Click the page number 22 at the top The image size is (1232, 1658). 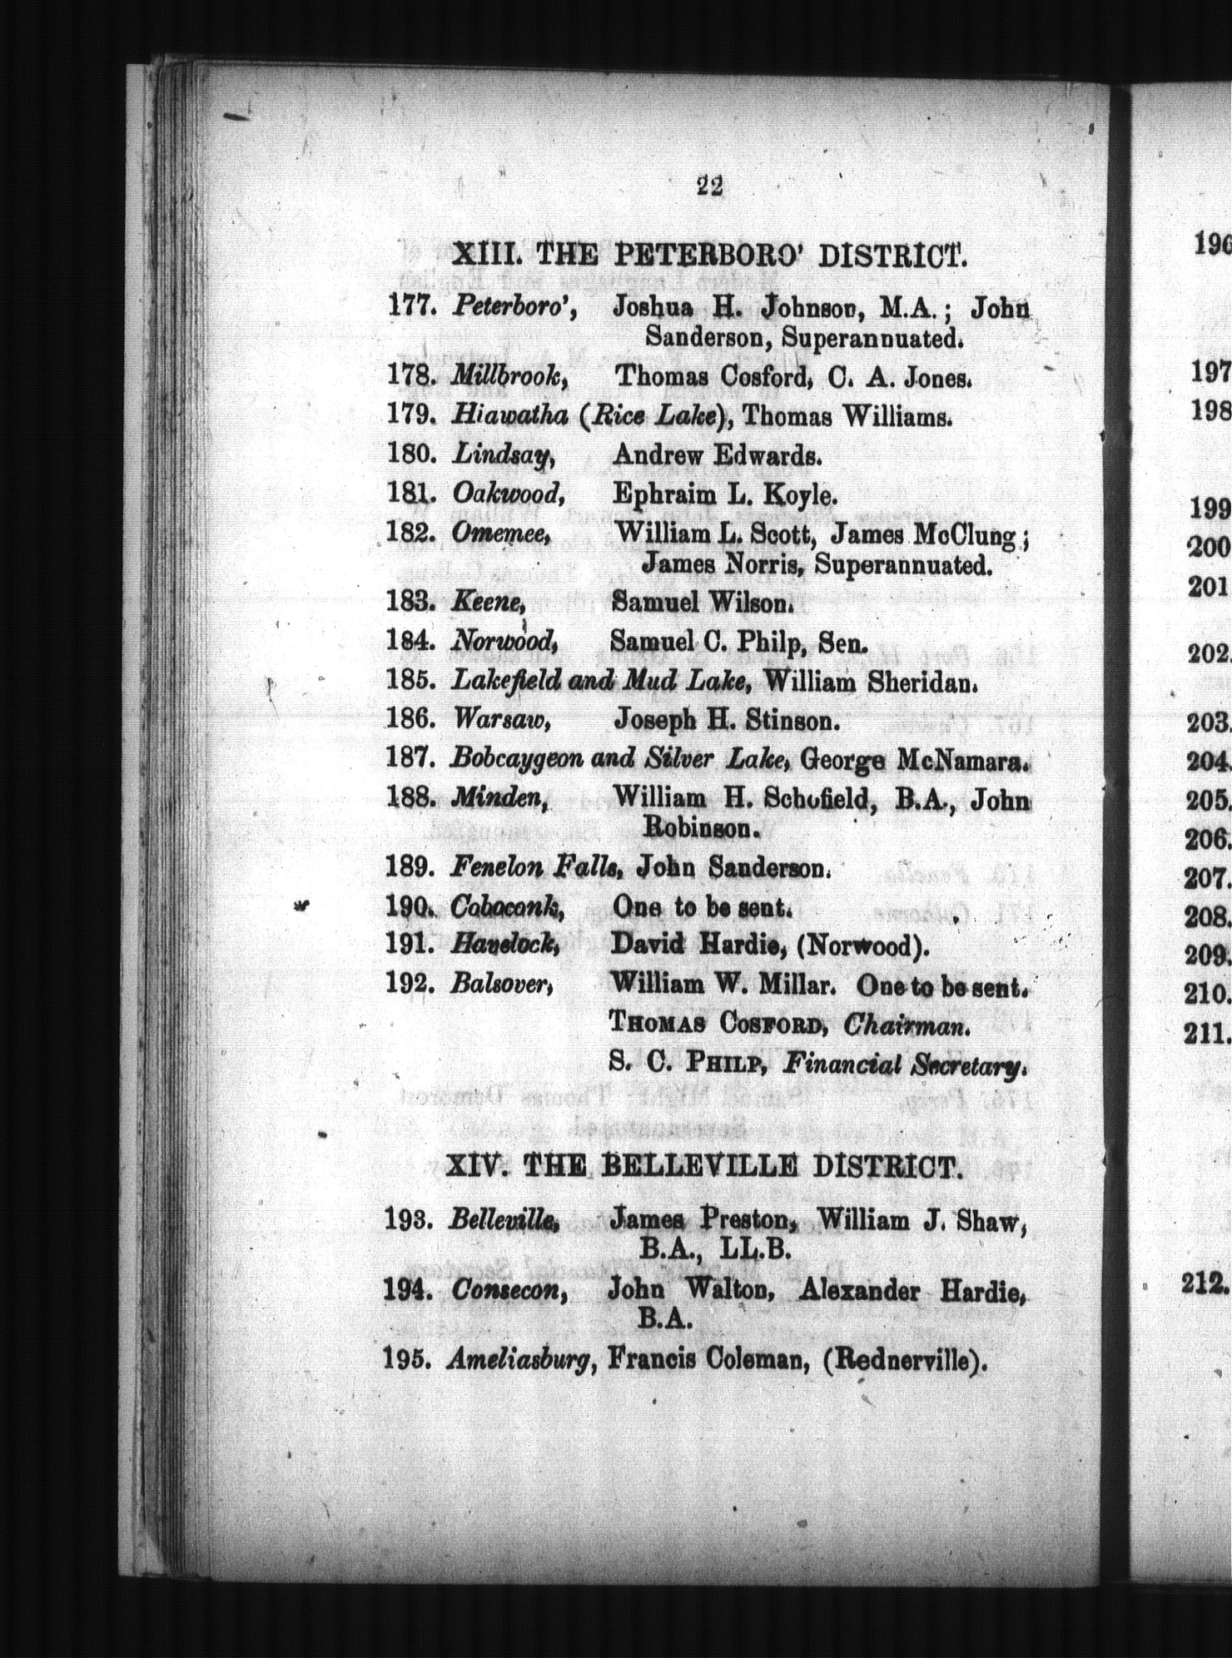click(x=710, y=186)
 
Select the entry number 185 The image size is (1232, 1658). click(x=411, y=681)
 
